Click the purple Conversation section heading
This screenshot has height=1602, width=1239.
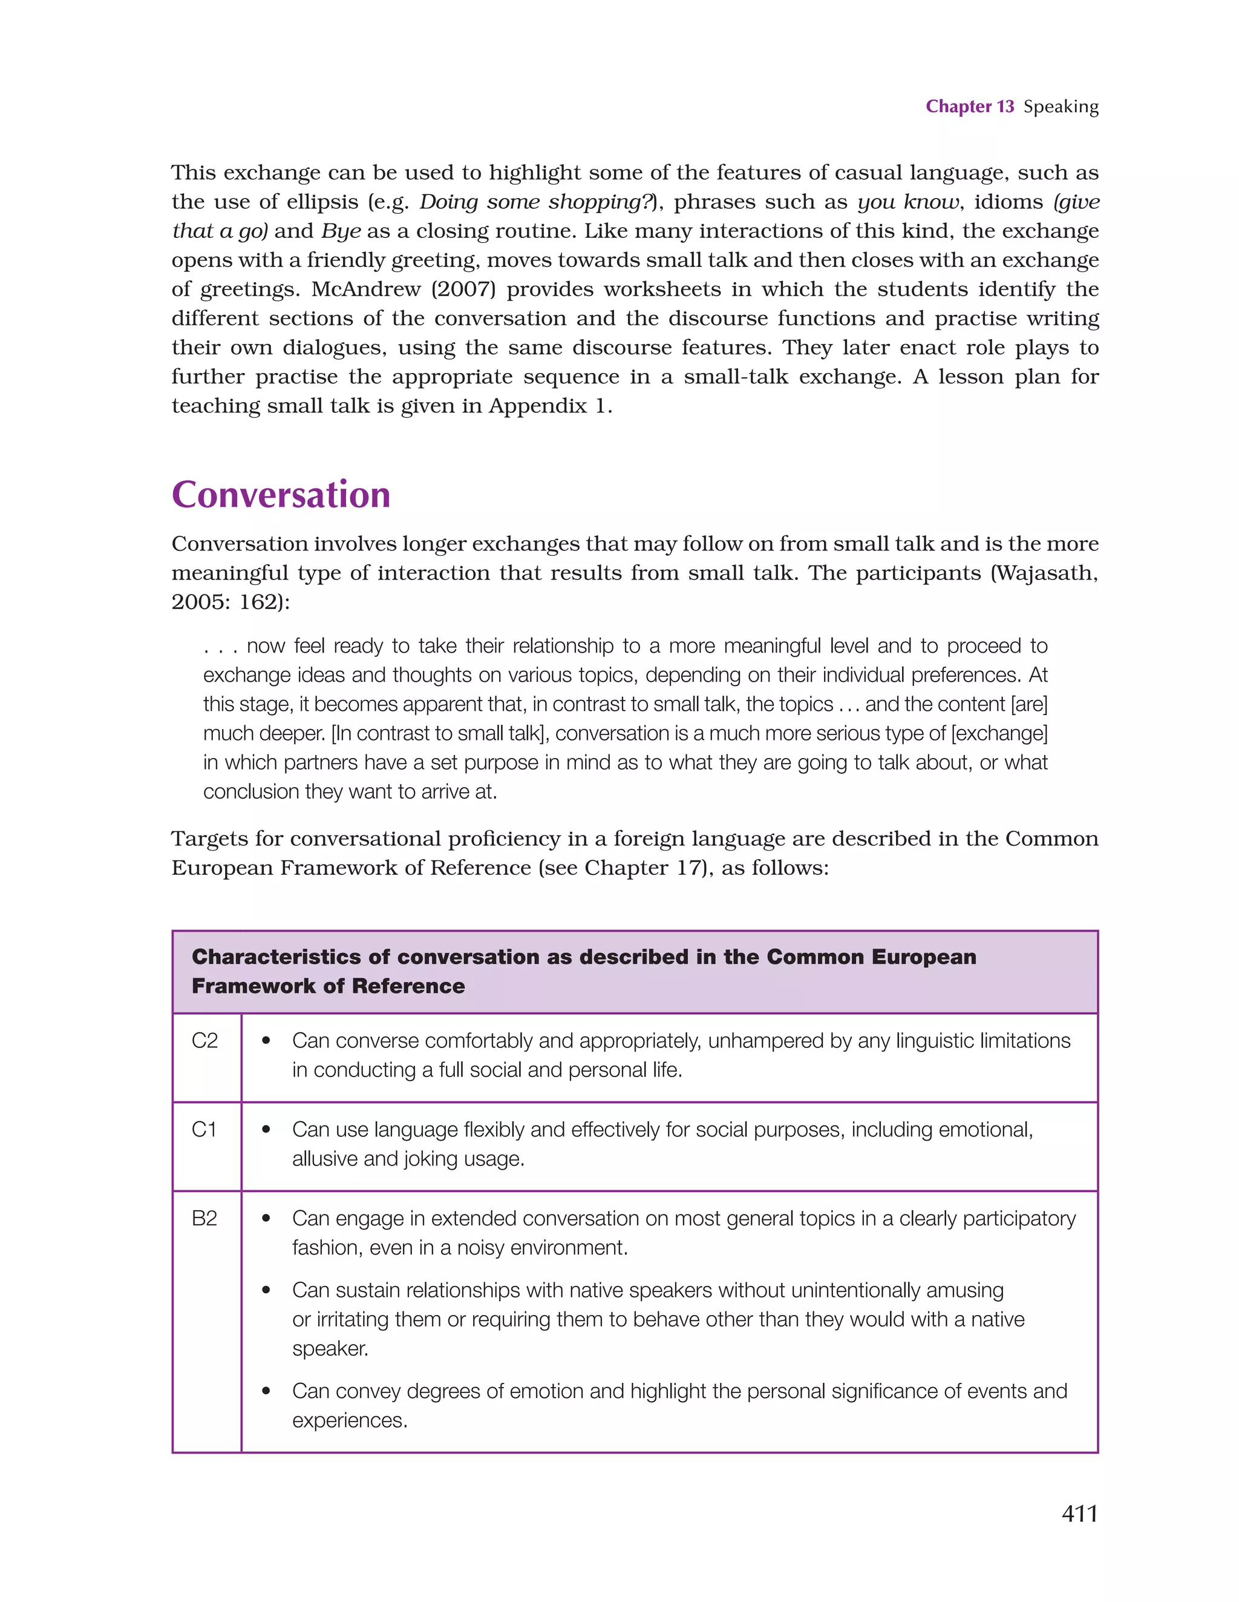point(281,495)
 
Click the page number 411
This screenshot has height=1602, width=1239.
point(1079,1513)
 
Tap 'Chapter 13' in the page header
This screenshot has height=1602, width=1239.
point(969,107)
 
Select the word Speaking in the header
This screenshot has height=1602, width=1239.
point(1061,107)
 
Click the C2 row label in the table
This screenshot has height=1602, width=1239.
point(204,1041)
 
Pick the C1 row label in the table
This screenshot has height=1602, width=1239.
point(204,1130)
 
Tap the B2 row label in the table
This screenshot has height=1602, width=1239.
point(204,1218)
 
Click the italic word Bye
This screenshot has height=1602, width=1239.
point(341,231)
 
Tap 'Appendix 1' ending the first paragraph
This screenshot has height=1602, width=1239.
point(550,406)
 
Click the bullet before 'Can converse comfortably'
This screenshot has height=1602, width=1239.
point(266,1041)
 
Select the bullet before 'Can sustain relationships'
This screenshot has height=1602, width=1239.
point(266,1290)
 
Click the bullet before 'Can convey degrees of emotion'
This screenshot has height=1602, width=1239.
point(266,1391)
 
